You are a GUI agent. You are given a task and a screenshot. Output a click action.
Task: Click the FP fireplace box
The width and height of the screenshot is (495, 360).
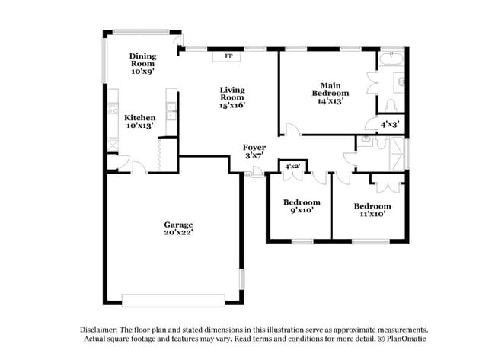(228, 56)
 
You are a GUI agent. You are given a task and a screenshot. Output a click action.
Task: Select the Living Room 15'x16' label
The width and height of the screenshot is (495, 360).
(232, 97)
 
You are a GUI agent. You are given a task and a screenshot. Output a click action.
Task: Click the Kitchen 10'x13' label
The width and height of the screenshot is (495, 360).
(140, 122)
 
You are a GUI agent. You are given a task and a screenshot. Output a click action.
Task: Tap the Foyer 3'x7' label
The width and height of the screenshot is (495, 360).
(254, 151)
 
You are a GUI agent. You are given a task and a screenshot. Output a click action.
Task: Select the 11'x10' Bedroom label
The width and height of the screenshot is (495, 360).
(372, 210)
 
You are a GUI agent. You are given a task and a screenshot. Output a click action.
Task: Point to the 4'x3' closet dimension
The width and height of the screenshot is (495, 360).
(389, 123)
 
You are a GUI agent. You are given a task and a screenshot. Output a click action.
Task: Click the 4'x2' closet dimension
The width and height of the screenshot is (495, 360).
(292, 165)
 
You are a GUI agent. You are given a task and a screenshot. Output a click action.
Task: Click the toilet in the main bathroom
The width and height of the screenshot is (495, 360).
(392, 105)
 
